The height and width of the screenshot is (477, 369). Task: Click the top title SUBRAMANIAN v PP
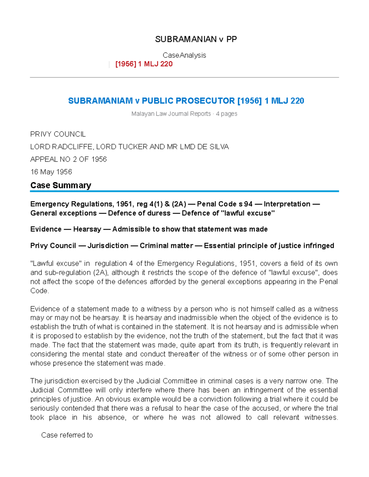click(196, 39)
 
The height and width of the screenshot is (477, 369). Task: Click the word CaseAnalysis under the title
click(184, 55)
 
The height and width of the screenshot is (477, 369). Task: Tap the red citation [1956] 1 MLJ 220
click(144, 64)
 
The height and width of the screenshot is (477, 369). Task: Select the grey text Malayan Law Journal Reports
click(171, 114)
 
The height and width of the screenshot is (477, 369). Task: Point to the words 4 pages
click(227, 114)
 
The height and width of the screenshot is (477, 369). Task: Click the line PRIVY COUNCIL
click(58, 134)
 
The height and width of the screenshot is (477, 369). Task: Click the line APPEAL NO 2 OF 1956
click(68, 159)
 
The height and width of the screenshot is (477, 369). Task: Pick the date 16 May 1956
click(51, 172)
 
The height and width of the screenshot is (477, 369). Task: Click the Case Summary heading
click(61, 185)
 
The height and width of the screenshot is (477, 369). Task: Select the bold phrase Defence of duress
click(139, 213)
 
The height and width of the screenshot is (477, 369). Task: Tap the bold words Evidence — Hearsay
click(65, 229)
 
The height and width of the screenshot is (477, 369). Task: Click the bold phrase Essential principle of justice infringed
click(269, 246)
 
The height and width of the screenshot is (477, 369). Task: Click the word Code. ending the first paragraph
click(40, 291)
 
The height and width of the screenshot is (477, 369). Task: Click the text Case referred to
click(67, 435)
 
